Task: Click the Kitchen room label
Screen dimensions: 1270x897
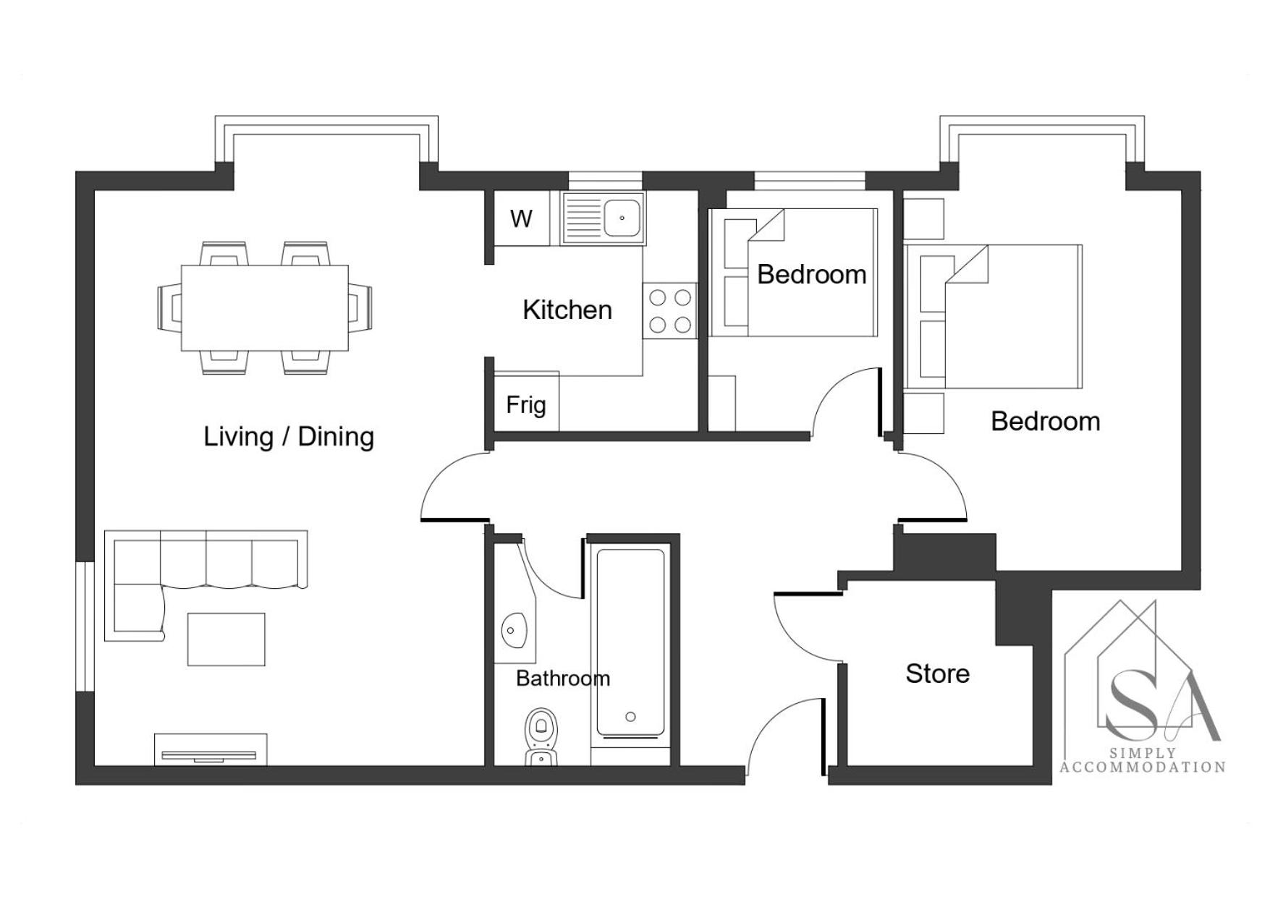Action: (x=567, y=310)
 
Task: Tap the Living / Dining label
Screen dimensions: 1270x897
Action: (x=289, y=437)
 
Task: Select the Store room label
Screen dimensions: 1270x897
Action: (x=937, y=673)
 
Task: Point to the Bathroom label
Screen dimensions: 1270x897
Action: (x=563, y=679)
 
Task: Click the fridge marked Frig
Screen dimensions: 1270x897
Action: (x=526, y=402)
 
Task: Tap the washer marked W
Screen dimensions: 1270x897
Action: (x=521, y=218)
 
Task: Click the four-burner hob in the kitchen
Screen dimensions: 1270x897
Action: (x=669, y=310)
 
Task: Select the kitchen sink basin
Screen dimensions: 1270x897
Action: (x=622, y=218)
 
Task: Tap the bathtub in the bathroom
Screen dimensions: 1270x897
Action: (x=630, y=644)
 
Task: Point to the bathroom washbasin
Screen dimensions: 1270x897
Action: (x=515, y=630)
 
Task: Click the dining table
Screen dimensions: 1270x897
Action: (x=264, y=307)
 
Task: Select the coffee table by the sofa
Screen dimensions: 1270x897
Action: (x=227, y=639)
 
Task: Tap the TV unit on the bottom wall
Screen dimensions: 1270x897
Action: (x=210, y=750)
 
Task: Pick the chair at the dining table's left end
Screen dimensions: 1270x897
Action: (x=170, y=307)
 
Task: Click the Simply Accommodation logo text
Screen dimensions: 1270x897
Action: (x=1143, y=760)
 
